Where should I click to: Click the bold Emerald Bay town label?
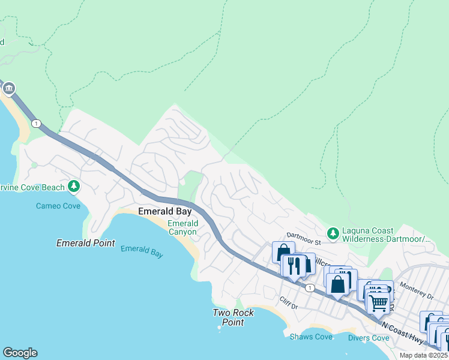point(165,211)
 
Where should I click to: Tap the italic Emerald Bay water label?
point(142,251)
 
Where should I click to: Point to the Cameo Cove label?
point(58,206)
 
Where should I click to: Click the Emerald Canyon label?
point(182,227)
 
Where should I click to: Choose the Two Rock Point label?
point(234,317)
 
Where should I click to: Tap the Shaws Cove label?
point(311,337)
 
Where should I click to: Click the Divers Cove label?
point(369,338)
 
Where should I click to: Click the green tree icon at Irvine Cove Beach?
point(74,187)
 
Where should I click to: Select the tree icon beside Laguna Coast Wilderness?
point(332,232)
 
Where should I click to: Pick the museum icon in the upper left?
point(8,89)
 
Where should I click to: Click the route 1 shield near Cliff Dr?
point(309,289)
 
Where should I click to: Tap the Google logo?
point(20,353)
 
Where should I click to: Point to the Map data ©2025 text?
point(424,356)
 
